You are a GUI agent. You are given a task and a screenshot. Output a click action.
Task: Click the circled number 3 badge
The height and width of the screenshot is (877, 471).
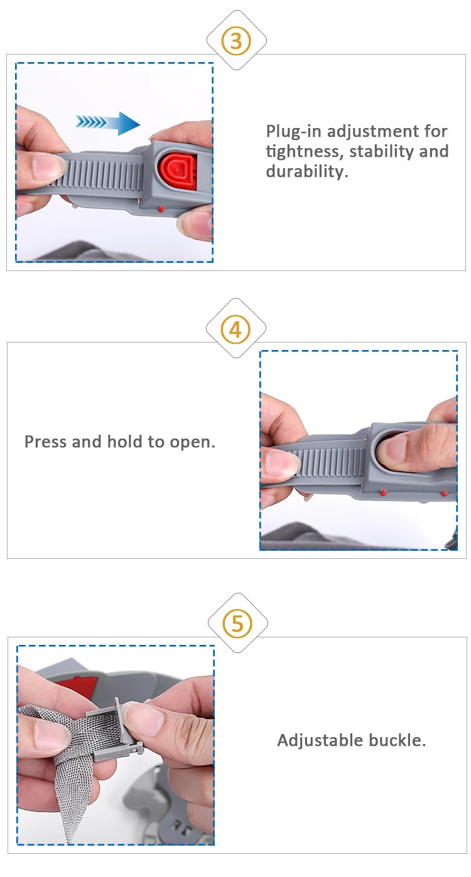(236, 41)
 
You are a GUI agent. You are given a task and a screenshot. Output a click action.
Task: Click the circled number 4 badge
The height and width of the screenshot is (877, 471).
(235, 329)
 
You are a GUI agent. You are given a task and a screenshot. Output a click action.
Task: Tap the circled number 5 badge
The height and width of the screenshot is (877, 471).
(237, 623)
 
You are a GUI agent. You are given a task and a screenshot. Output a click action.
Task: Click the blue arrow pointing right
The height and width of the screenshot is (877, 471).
(108, 124)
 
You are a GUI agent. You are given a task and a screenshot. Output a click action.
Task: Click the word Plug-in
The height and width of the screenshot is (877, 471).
(295, 132)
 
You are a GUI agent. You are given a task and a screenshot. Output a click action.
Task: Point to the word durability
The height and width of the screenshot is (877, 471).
(307, 171)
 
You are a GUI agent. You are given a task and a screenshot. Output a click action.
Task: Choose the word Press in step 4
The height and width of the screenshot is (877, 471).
(45, 442)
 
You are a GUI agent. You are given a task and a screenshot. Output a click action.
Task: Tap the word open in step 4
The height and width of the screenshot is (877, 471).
(192, 442)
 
